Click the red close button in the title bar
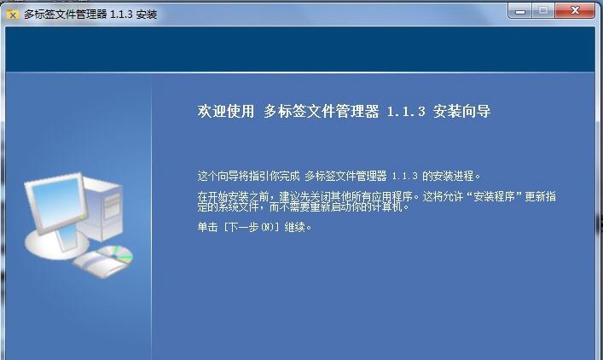(575, 10)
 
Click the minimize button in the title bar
(520, 11)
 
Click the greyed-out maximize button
(543, 10)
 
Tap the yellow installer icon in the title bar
(13, 15)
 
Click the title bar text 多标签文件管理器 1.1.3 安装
(90, 15)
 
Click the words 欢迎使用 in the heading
(226, 111)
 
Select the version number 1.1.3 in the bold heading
(406, 112)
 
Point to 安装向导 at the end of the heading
(461, 111)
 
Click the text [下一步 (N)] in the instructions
(251, 227)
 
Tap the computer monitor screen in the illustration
(58, 201)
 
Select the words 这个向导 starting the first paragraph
(217, 176)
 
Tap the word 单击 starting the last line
(207, 227)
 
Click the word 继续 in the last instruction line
(294, 227)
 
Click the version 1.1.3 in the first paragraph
(404, 177)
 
